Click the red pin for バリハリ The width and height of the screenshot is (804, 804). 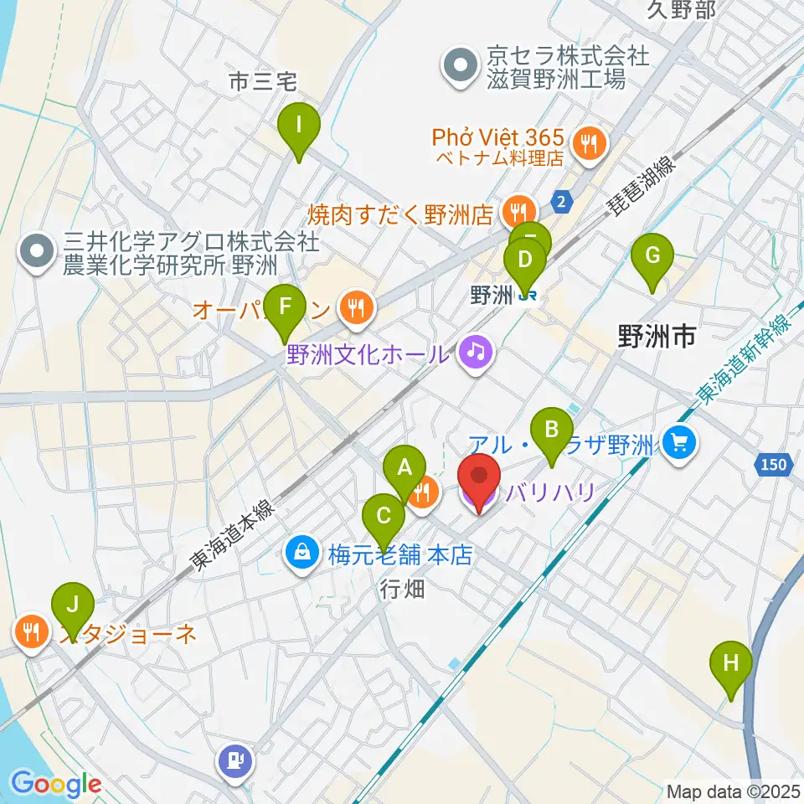479,482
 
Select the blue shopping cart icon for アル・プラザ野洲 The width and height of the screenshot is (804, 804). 679,441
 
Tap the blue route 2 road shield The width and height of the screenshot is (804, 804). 562,201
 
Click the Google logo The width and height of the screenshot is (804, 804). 55,784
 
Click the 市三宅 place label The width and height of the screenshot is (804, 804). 264,81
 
